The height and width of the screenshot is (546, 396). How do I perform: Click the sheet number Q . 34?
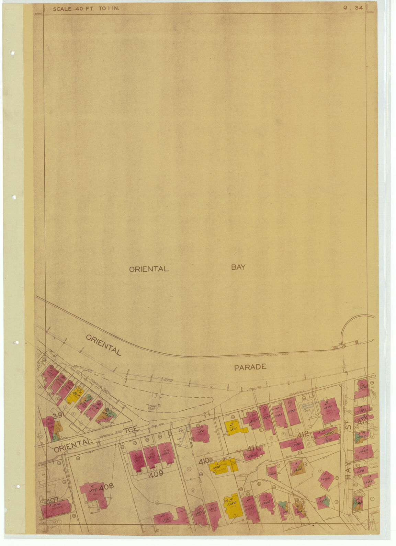(353, 8)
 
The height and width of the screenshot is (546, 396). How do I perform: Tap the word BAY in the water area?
(238, 267)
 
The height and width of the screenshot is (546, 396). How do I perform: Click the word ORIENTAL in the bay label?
(149, 269)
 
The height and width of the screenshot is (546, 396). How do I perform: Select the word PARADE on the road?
(250, 367)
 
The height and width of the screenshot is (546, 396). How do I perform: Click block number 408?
(106, 487)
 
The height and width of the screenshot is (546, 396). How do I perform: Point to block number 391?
(59, 416)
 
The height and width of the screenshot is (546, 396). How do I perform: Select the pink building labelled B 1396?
(329, 412)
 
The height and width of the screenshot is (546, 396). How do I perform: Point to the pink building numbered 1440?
(363, 451)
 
